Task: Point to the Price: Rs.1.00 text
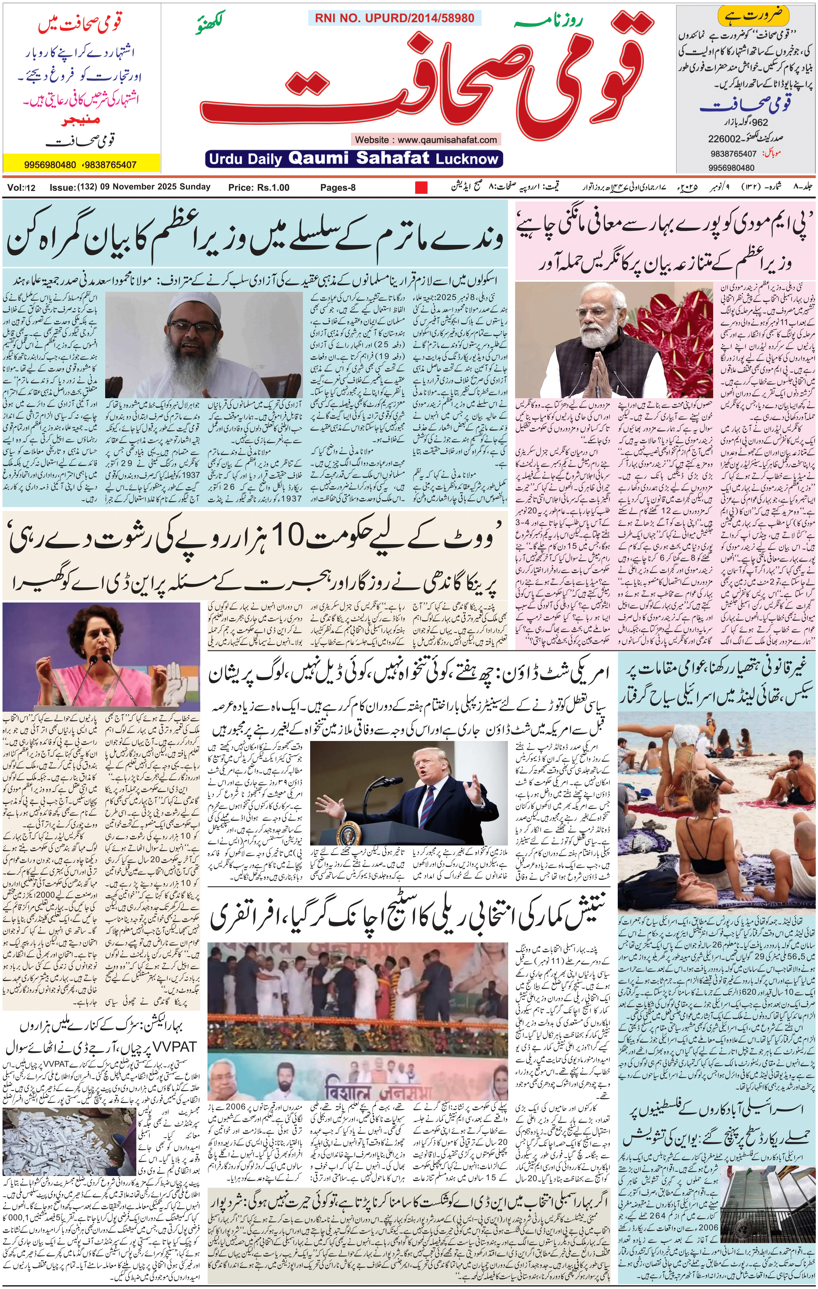[x=258, y=187]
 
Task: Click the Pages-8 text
[x=338, y=187]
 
